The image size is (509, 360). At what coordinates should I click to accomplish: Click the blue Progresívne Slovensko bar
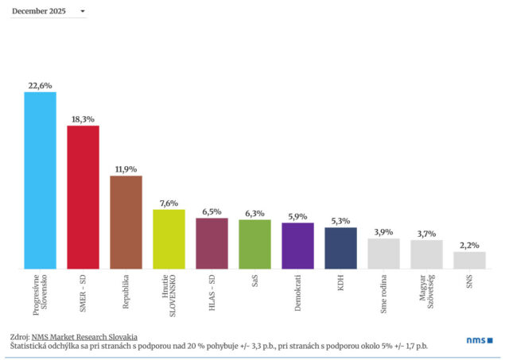pyautogui.click(x=40, y=180)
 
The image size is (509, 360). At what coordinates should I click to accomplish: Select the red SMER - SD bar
pyautogui.click(x=83, y=197)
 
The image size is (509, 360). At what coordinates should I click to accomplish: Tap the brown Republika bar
pyautogui.click(x=126, y=222)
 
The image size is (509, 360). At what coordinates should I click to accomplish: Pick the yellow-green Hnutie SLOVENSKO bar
pyautogui.click(x=169, y=239)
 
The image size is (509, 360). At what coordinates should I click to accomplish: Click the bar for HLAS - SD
pyautogui.click(x=212, y=243)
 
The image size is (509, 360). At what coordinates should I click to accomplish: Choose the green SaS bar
pyautogui.click(x=254, y=244)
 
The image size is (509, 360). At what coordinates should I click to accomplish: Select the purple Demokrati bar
pyautogui.click(x=297, y=246)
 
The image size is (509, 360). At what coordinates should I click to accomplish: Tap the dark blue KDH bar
pyautogui.click(x=340, y=248)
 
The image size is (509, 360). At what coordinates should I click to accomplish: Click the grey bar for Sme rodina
pyautogui.click(x=383, y=254)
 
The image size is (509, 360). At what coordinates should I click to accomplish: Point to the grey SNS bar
pyautogui.click(x=469, y=260)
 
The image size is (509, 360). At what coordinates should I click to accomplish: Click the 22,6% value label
pyautogui.click(x=40, y=86)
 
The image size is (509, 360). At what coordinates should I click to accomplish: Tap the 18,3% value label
pyautogui.click(x=83, y=119)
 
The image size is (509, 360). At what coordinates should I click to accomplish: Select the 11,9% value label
pyautogui.click(x=126, y=169)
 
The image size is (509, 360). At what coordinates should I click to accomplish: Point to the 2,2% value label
pyautogui.click(x=469, y=246)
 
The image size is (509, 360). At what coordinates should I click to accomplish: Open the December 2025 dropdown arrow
pyautogui.click(x=83, y=12)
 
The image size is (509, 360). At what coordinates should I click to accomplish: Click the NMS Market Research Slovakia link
pyautogui.click(x=84, y=337)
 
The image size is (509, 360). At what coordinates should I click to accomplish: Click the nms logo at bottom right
pyautogui.click(x=479, y=340)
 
